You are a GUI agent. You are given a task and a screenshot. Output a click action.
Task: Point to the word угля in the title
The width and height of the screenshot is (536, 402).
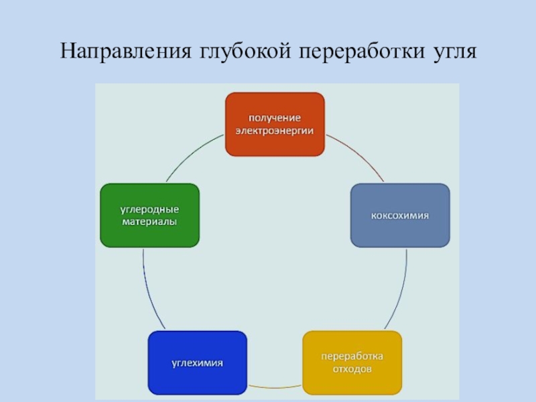point(452,52)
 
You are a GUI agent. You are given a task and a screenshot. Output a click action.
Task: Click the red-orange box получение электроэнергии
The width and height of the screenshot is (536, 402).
point(275,125)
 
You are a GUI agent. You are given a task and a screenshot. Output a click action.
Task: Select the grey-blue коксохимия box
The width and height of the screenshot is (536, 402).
point(400,216)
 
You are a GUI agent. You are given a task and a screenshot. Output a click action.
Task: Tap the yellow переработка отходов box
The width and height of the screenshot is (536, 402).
point(352,362)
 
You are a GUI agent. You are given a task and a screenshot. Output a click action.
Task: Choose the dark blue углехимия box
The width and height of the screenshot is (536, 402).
point(197,362)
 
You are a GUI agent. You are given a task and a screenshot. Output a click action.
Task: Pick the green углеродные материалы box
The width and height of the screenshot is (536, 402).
point(149,216)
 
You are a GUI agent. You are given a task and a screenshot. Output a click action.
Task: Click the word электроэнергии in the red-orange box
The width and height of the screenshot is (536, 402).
point(275,131)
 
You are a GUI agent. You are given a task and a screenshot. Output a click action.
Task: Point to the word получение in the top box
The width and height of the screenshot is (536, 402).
point(275,118)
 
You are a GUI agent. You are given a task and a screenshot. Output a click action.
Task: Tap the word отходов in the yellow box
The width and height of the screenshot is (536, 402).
point(352,369)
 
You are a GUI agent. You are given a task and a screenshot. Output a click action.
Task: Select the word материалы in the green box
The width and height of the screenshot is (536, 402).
point(149,222)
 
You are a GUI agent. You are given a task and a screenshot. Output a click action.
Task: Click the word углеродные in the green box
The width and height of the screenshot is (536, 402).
point(149,209)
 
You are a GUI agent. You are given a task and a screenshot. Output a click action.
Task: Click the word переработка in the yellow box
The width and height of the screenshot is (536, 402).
point(352,355)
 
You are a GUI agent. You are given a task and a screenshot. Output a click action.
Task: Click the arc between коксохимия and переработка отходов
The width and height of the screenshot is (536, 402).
point(401,288)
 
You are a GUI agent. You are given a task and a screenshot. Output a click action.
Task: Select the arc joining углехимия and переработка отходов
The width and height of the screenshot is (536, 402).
point(275,388)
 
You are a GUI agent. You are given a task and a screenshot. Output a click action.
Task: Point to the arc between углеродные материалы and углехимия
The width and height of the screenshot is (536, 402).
point(148,288)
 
